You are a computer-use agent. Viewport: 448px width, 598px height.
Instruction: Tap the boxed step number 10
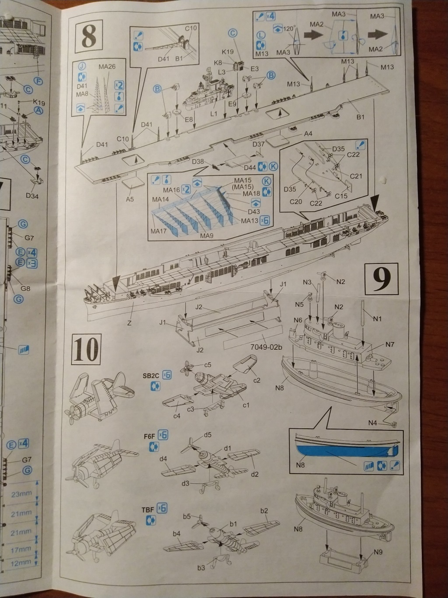click(86, 349)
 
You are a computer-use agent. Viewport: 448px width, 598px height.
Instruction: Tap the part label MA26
click(107, 67)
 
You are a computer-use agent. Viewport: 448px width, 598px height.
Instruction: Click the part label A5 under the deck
click(129, 200)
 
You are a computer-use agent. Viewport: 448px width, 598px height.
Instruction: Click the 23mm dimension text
click(21, 494)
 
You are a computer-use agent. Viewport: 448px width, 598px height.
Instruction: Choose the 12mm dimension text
click(21, 563)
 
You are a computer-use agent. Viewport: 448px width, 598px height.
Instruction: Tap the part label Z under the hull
click(129, 323)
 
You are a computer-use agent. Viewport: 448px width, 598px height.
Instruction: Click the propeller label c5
click(207, 364)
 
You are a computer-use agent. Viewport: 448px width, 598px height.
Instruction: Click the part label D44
click(250, 168)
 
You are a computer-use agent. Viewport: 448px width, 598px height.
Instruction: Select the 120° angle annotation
click(288, 29)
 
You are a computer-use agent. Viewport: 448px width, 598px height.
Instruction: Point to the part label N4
click(373, 422)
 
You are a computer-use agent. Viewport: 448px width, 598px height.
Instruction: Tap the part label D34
click(31, 196)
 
